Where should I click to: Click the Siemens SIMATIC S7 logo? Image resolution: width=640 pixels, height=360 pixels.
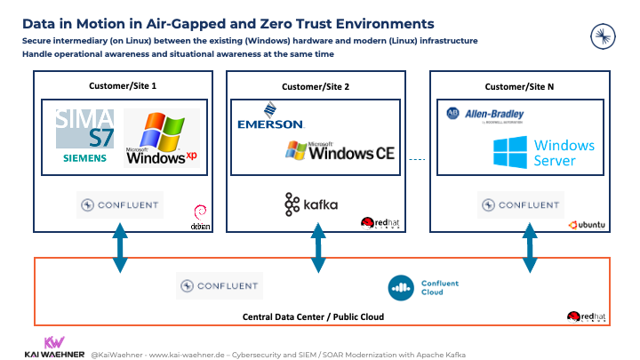tap(84, 136)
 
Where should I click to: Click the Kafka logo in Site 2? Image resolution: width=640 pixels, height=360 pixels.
tap(311, 204)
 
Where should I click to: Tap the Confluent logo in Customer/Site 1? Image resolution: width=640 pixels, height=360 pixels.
tap(120, 204)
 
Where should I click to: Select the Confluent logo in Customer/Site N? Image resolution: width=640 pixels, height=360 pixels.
tap(520, 204)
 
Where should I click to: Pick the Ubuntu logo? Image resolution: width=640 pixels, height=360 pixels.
tap(588, 224)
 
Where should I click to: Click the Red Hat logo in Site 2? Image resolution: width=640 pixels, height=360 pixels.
tap(377, 223)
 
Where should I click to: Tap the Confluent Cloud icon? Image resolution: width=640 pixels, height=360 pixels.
tap(402, 287)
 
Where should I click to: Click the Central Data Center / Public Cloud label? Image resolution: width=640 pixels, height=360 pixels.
tap(320, 316)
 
